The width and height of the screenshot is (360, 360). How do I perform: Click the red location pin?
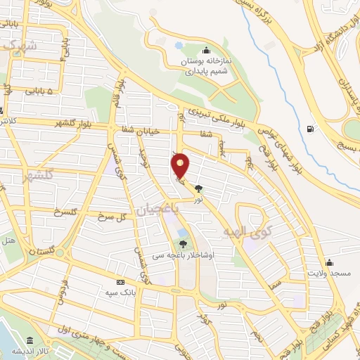coord(181,165)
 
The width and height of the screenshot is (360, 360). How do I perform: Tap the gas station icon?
coord(310,129)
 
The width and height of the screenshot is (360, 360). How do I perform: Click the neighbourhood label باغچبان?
coord(150,210)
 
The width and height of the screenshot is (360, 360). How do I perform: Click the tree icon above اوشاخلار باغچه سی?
coord(183,244)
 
